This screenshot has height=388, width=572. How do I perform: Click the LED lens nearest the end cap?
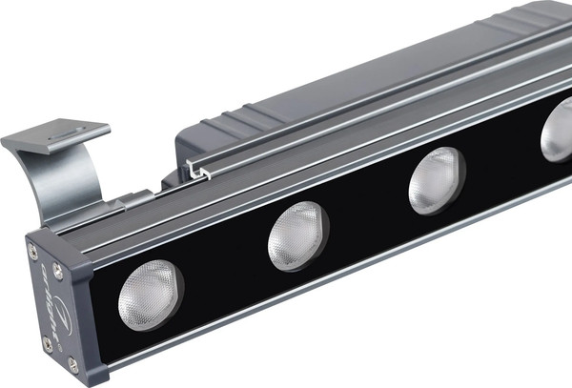[150, 295]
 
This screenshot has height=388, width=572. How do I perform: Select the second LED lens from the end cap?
[297, 235]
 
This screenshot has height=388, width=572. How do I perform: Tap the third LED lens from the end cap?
[436, 181]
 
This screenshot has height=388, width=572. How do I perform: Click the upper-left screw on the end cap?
[33, 250]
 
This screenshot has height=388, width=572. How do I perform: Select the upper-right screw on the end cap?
[58, 271]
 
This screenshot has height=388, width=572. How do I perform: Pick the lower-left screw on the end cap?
[48, 341]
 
